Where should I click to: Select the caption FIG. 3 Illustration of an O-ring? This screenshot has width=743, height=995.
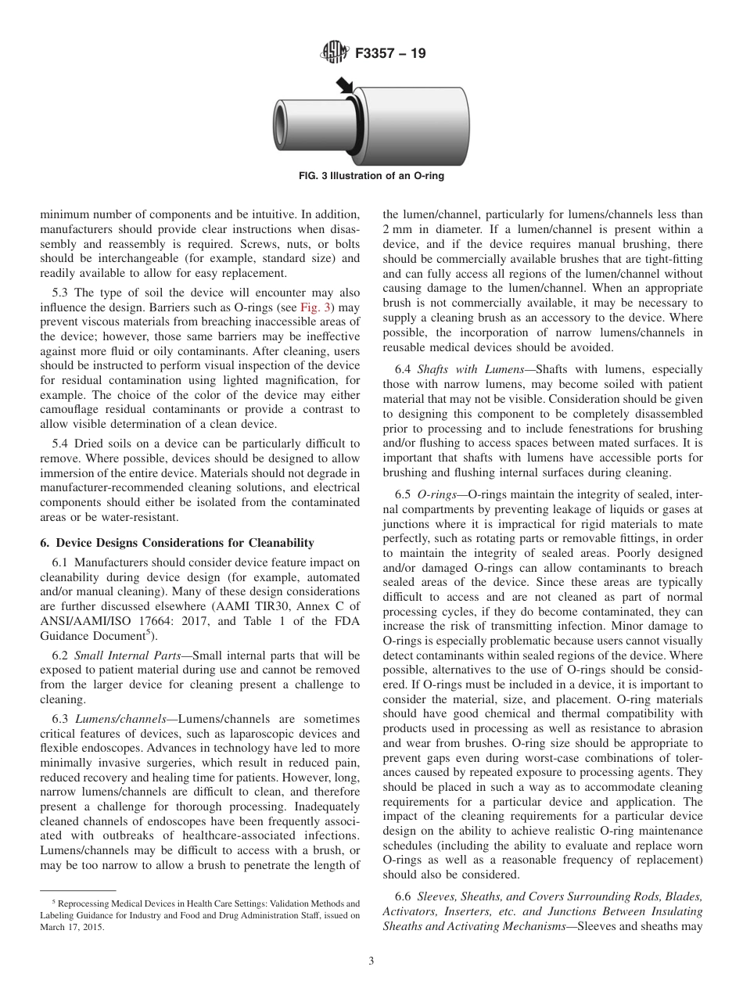pos(371,176)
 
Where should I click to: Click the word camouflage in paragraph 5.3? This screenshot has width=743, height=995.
pos(73,410)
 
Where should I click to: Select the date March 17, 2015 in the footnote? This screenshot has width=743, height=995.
pos(72,928)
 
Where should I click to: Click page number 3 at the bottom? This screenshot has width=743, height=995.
pos(371,961)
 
